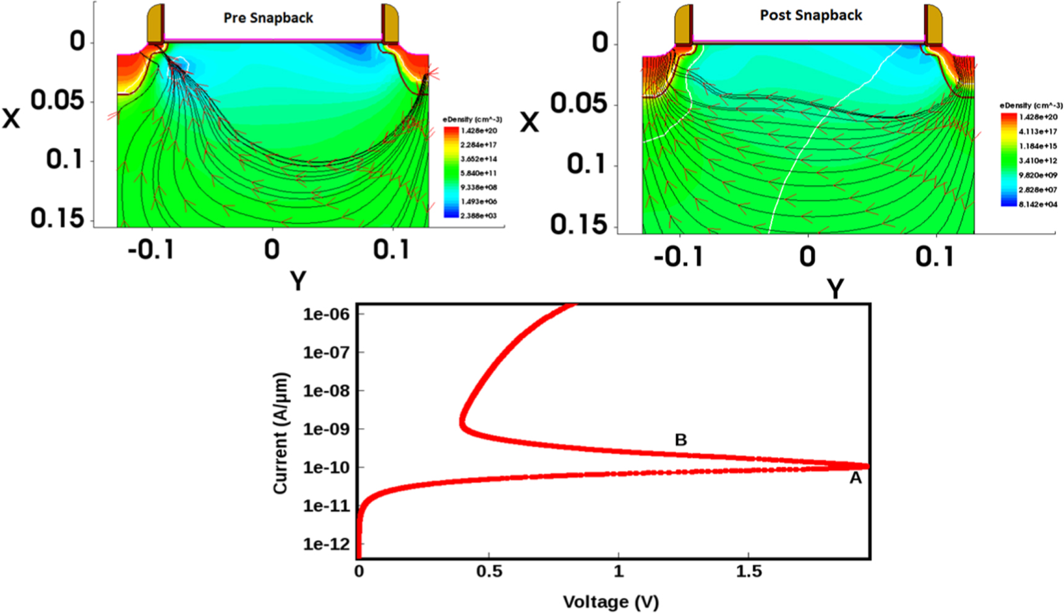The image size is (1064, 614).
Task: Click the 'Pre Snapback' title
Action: click(x=268, y=18)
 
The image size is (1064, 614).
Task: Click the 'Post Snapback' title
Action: click(x=810, y=15)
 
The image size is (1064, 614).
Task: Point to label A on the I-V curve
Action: click(x=856, y=478)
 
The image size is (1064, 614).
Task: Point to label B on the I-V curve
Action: click(x=680, y=440)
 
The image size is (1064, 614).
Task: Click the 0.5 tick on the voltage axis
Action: click(x=489, y=571)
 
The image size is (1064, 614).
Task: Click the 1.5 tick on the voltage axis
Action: click(x=749, y=571)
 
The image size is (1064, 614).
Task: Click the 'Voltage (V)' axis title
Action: click(x=611, y=602)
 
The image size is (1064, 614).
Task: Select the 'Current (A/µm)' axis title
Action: click(x=280, y=433)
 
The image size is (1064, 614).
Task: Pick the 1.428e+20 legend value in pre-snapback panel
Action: click(x=478, y=131)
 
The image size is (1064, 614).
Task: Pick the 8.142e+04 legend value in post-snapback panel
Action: click(x=1037, y=204)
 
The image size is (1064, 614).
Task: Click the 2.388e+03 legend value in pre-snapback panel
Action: click(x=478, y=215)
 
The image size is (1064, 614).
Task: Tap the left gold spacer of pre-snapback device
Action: click(x=155, y=24)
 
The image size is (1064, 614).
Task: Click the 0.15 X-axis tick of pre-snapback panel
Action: click(x=57, y=218)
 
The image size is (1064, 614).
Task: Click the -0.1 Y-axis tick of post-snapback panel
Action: click(x=678, y=256)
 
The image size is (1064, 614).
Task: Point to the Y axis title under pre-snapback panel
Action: click(x=298, y=282)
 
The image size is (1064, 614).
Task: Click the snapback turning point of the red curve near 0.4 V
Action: click(x=462, y=423)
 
